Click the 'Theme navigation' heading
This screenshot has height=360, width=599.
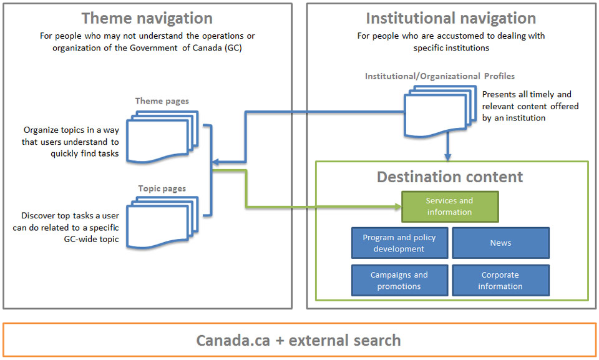pos(147,18)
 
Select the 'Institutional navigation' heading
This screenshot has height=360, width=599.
pos(450,18)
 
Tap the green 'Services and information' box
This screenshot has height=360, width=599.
pos(449,207)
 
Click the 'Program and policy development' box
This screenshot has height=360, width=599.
pos(399,243)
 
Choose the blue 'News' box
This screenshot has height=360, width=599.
pos(500,243)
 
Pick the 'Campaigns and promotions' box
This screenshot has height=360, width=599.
pos(399,281)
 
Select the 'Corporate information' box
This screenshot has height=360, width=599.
pos(500,281)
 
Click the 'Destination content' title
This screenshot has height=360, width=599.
pos(450,177)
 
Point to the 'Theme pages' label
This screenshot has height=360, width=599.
pos(162,101)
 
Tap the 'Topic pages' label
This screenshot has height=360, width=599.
pos(162,188)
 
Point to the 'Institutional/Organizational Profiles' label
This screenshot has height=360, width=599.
pos(440,76)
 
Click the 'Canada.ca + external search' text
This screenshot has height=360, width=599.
pos(298,340)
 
